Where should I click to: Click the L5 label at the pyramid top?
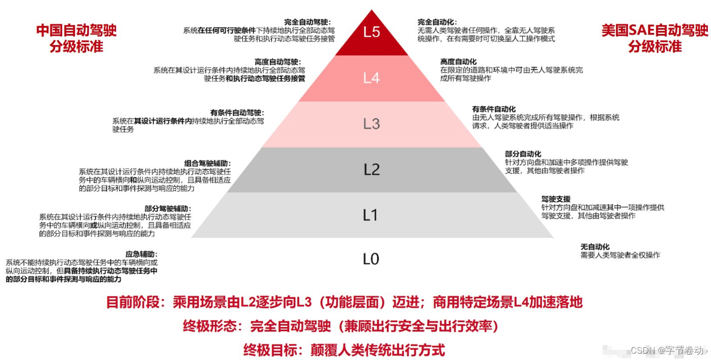(371, 32)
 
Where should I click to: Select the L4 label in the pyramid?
(371, 78)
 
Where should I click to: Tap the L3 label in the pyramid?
(371, 124)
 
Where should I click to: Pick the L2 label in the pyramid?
(371, 170)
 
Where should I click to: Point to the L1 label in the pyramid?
(370, 215)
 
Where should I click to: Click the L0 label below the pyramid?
(370, 259)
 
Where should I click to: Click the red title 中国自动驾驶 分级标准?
(76, 38)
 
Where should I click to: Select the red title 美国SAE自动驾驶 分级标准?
(655, 38)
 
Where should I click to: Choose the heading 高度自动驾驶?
(277, 62)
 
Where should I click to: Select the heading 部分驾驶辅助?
(167, 208)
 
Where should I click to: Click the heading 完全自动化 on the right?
(435, 22)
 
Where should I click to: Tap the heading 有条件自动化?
(494, 109)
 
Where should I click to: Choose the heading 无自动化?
(595, 247)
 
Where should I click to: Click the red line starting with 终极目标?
(344, 350)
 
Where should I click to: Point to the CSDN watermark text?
(668, 350)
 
